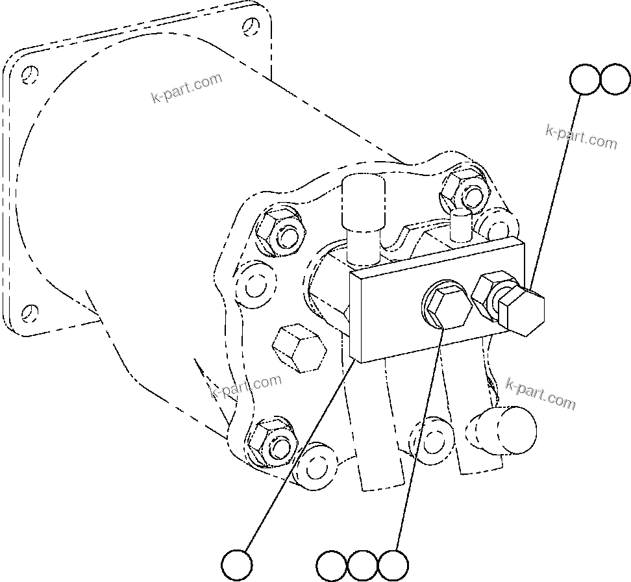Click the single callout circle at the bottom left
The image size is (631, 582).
pyautogui.click(x=237, y=564)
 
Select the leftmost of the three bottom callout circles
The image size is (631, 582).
pyautogui.click(x=332, y=565)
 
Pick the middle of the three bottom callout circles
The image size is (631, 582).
pyautogui.click(x=362, y=565)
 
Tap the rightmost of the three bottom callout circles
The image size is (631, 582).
pyautogui.click(x=393, y=565)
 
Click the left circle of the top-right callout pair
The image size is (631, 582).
pyautogui.click(x=585, y=79)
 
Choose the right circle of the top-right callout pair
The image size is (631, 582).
pyautogui.click(x=615, y=79)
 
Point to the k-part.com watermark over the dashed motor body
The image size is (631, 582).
pyautogui.click(x=186, y=88)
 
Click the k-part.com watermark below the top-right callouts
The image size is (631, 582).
pyautogui.click(x=581, y=137)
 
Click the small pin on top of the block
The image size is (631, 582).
pyautogui.click(x=461, y=223)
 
